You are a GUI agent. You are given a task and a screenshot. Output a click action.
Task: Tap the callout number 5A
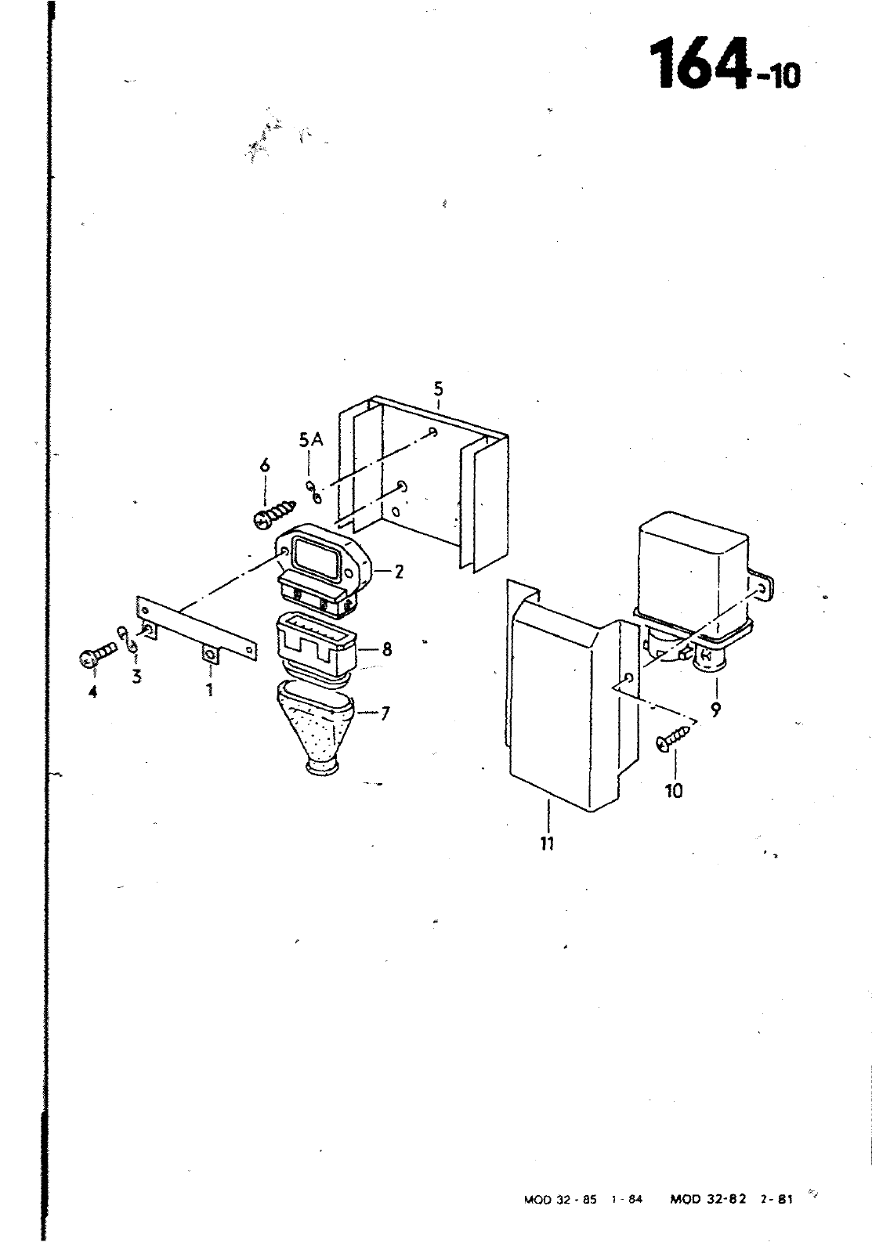click(311, 440)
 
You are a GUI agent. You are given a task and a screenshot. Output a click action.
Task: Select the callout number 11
click(548, 843)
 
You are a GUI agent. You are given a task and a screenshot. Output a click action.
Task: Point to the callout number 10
click(675, 791)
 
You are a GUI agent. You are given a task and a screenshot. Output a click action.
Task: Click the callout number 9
click(716, 710)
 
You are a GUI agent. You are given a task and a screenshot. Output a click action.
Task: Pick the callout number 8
click(387, 649)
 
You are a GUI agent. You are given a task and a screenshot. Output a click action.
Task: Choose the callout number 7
click(385, 713)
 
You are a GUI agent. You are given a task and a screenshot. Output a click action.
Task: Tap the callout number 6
click(265, 465)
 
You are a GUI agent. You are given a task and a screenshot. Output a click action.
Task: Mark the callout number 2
click(399, 572)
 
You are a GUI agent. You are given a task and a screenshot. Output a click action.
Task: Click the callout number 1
click(210, 690)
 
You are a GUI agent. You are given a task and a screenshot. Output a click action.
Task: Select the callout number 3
click(136, 677)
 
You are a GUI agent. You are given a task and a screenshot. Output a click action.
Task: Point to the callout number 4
click(92, 692)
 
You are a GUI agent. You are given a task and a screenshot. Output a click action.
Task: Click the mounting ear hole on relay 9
click(762, 590)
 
